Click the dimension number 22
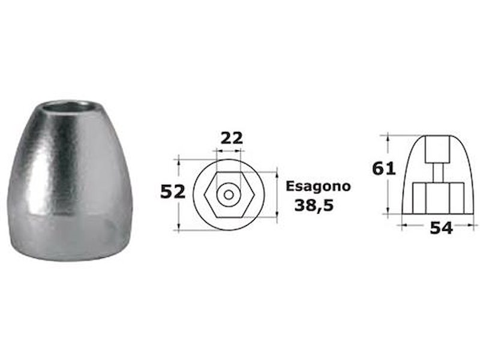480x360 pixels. pyautogui.click(x=231, y=137)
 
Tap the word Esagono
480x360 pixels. pyautogui.click(x=318, y=186)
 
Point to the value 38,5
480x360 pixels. pyautogui.click(x=314, y=205)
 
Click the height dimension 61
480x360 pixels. pyautogui.click(x=385, y=169)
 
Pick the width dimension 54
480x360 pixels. pyautogui.click(x=440, y=228)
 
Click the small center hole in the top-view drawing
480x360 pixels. pyautogui.click(x=229, y=195)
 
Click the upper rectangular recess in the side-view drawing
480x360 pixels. pyautogui.click(x=437, y=150)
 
